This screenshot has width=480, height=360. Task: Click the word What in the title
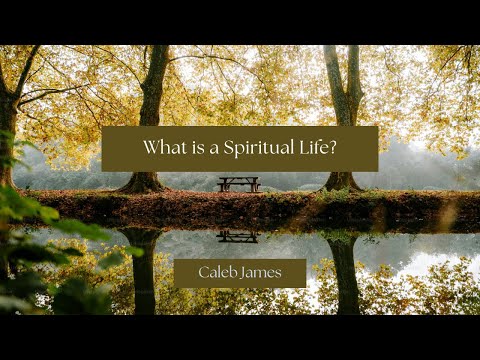click(x=162, y=148)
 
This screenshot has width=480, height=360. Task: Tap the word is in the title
click(x=194, y=148)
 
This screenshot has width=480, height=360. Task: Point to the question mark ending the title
click(x=335, y=148)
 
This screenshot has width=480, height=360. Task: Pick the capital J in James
click(x=245, y=273)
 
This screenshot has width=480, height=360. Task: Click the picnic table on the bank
click(x=238, y=184)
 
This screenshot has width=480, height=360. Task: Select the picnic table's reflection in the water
click(x=237, y=236)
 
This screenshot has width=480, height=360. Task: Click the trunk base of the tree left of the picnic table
click(x=142, y=183)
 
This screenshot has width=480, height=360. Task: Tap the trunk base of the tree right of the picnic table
click(x=342, y=182)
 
